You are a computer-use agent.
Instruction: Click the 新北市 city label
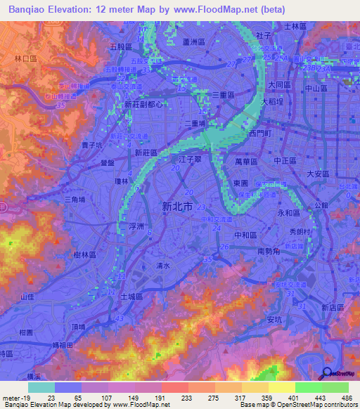(x=173, y=206)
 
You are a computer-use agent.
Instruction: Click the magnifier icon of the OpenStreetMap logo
(x=327, y=373)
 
